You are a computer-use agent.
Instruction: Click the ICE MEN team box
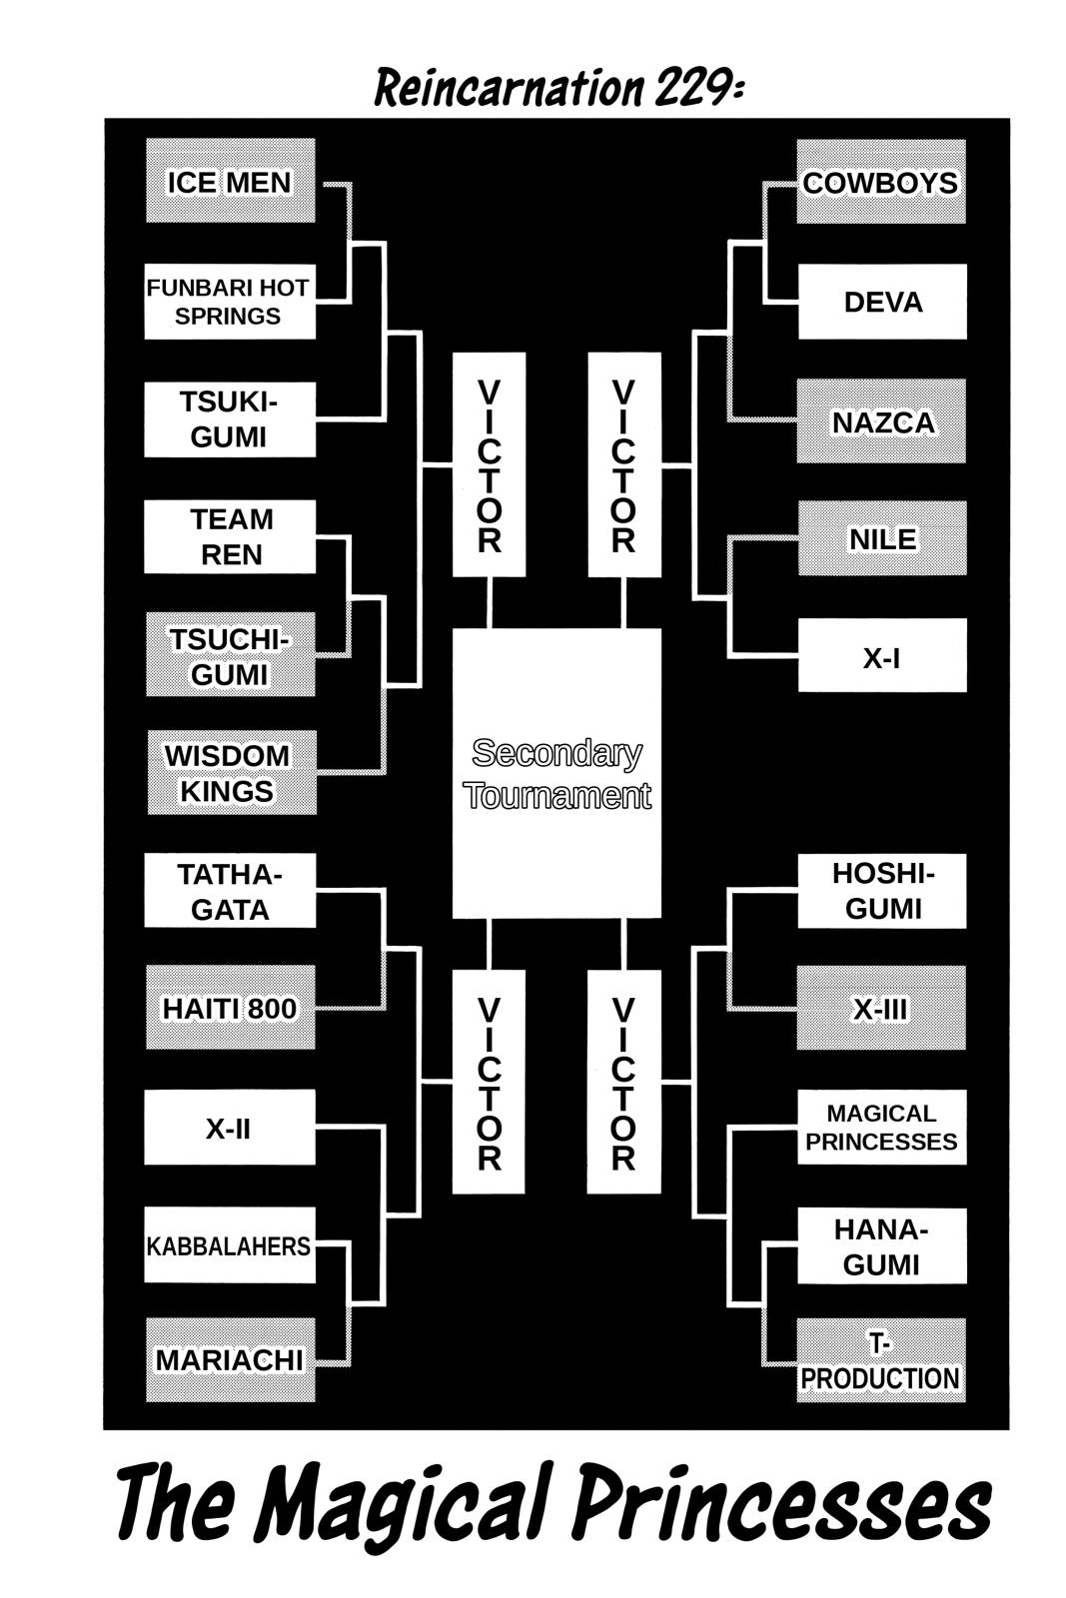coord(230,182)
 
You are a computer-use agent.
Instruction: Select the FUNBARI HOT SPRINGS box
coord(230,302)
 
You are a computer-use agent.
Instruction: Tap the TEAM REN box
coord(230,537)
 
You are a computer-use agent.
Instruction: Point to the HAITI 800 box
coord(230,1008)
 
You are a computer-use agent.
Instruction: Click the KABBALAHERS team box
coord(230,1245)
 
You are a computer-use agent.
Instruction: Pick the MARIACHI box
coord(230,1360)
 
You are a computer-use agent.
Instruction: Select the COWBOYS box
coord(881,183)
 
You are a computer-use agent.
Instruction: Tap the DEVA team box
coord(882,302)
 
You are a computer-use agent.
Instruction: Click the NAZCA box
coord(882,421)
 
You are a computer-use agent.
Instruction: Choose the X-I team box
coord(882,656)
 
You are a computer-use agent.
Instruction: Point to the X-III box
coord(881,1009)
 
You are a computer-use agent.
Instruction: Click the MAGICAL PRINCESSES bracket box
coord(881,1128)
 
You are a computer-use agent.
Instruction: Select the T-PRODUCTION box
coord(881,1361)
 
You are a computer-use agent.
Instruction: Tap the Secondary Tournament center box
coord(556,774)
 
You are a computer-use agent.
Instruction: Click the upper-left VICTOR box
coord(489,465)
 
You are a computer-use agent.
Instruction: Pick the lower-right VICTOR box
coord(623,1083)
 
